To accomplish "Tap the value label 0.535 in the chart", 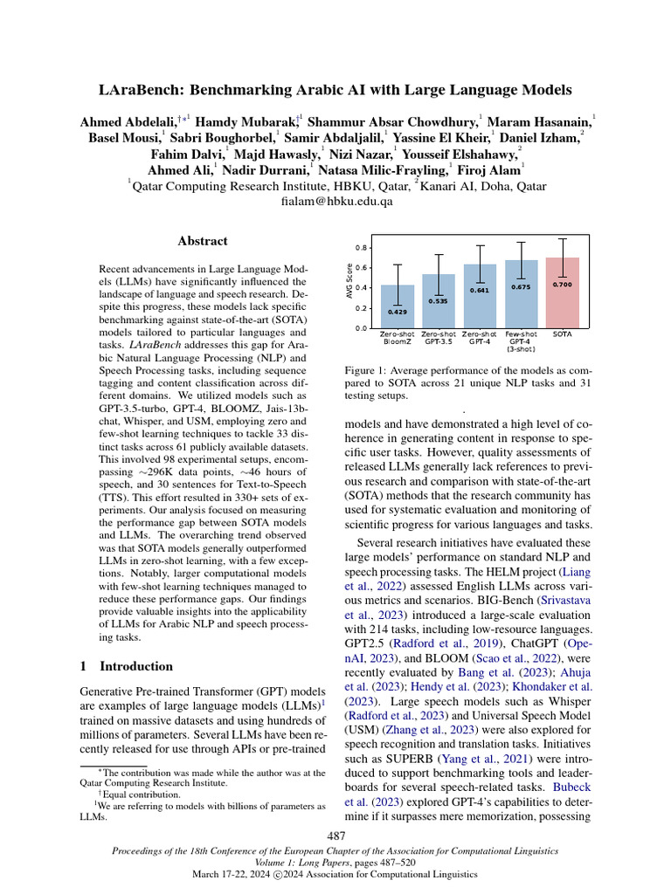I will pos(439,301).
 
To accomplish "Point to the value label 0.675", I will pos(521,287).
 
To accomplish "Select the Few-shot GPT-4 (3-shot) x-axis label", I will pos(521,340).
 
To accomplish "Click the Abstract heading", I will pos(203,241).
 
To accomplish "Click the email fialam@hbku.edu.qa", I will pos(335,201).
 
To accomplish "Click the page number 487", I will pos(335,836).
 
